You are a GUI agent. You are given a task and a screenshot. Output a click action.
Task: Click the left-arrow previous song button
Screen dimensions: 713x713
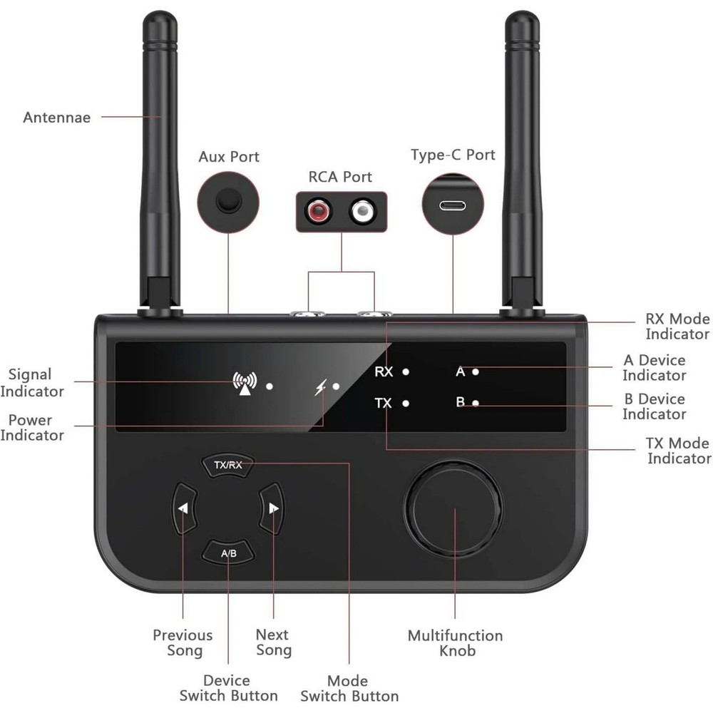[x=183, y=508]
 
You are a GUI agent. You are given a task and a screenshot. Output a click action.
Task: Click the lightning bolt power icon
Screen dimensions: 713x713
[x=321, y=387]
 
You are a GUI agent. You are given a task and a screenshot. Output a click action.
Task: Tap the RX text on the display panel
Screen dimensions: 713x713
[x=384, y=371]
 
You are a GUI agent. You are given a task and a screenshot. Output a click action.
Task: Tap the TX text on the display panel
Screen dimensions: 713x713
[x=384, y=404]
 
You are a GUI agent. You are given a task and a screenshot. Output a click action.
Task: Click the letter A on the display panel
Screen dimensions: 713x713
[x=460, y=371]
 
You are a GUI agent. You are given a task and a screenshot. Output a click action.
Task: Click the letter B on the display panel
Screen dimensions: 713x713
[x=460, y=402]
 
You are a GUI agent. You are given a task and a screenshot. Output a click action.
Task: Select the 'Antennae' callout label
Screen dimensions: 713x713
[x=57, y=118]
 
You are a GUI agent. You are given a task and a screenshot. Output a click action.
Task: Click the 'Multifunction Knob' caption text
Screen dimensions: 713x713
[x=455, y=642]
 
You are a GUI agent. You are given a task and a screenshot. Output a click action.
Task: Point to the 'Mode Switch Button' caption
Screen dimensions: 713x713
[x=349, y=688]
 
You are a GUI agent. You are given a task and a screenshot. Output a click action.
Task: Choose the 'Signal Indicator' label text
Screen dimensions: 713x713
[x=31, y=382]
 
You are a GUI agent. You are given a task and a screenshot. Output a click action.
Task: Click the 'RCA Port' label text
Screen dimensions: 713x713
[x=340, y=177]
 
